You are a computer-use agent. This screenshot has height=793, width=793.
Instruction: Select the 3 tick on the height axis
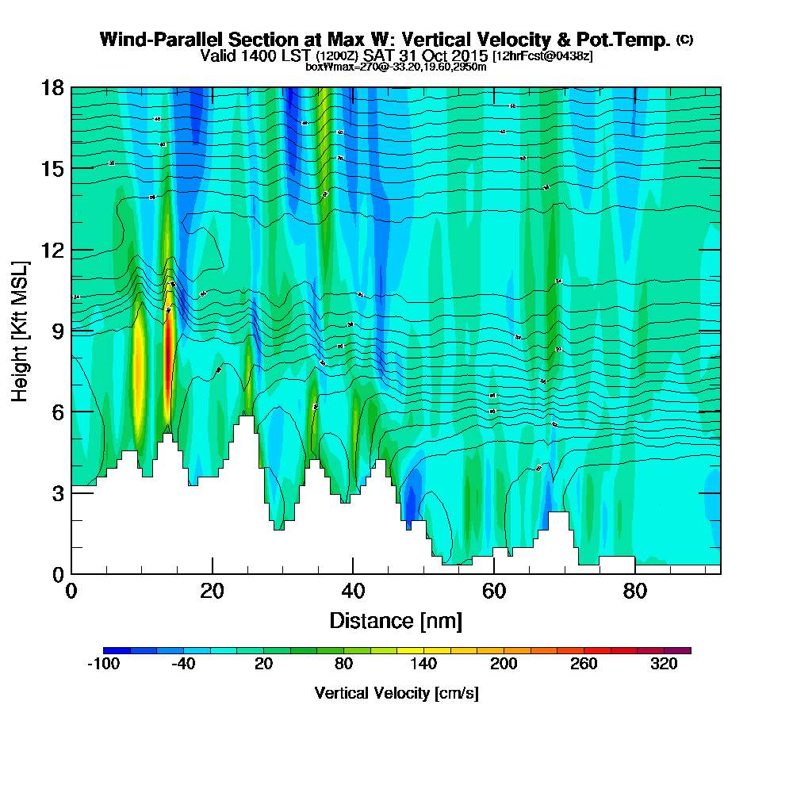click(57, 492)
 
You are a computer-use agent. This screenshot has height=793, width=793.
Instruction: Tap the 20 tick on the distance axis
click(212, 591)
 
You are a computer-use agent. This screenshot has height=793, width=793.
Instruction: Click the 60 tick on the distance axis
click(493, 591)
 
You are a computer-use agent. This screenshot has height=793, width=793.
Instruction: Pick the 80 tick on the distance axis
click(634, 591)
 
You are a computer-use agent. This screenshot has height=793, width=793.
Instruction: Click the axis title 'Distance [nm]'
click(395, 619)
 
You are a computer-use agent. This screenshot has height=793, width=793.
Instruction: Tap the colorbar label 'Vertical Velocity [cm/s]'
click(396, 693)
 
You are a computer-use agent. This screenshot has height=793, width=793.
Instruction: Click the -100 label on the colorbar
click(102, 665)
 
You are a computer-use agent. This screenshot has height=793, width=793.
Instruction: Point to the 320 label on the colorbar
click(665, 665)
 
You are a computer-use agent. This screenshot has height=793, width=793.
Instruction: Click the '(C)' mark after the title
click(685, 40)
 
